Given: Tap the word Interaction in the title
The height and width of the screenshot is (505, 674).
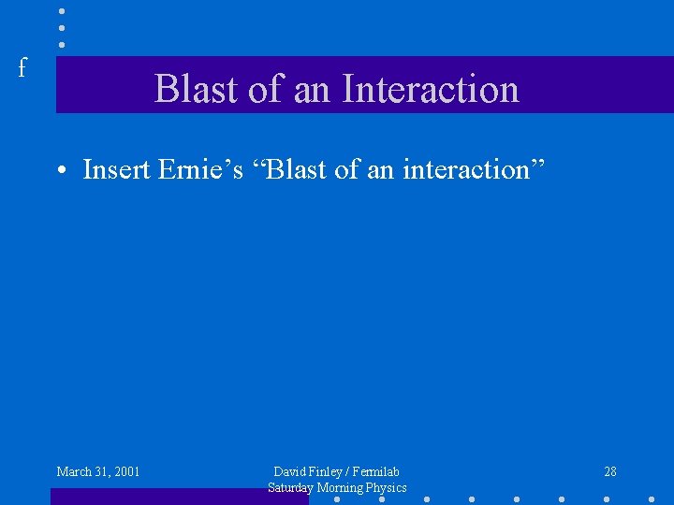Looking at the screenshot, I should (x=431, y=89).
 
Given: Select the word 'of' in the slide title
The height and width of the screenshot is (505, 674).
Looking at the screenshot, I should (x=265, y=89).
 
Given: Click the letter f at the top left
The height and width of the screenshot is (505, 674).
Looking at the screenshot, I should (x=22, y=67).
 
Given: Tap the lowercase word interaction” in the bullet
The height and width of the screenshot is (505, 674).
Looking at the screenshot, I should (x=478, y=169).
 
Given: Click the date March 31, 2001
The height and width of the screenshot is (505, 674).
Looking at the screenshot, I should (x=98, y=471).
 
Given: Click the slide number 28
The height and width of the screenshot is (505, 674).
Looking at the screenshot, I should (x=610, y=471).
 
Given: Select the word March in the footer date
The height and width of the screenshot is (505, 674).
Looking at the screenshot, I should (x=74, y=471).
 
